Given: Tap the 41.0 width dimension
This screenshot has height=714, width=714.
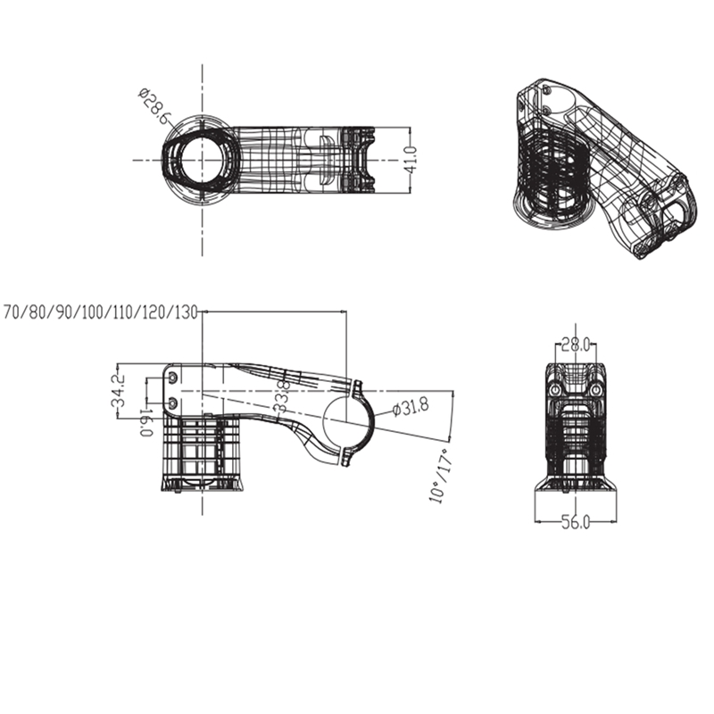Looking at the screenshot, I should click(x=411, y=160).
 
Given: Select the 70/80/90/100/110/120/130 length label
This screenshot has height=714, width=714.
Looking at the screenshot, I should click(x=101, y=312).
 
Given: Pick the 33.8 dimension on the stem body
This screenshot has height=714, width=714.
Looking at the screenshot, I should click(x=281, y=395).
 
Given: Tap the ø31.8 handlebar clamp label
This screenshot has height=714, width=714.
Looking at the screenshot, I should click(x=411, y=408).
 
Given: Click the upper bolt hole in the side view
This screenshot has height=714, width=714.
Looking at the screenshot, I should click(x=173, y=380).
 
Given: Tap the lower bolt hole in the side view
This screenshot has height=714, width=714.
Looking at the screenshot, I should click(x=173, y=404).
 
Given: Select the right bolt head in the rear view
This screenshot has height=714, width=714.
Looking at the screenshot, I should click(x=595, y=391).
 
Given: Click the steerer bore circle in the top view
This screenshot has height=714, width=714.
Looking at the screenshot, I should click(x=203, y=160).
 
